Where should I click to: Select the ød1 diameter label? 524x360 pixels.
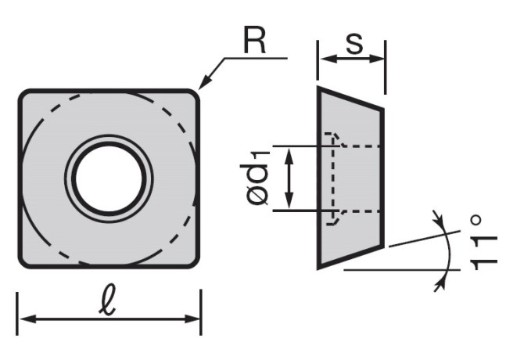(260, 178)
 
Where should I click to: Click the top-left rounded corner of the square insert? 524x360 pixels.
(24, 95)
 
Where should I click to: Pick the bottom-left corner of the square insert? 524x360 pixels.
(24, 260)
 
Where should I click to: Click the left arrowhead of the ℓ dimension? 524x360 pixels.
(24, 319)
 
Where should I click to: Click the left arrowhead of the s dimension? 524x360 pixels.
(323, 58)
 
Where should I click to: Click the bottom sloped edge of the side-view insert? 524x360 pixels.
(350, 257)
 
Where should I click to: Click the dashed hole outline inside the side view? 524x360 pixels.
(335, 178)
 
